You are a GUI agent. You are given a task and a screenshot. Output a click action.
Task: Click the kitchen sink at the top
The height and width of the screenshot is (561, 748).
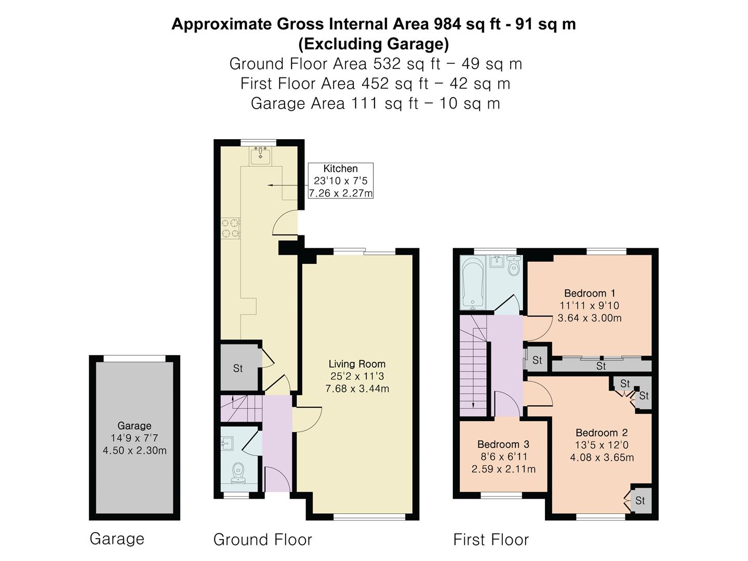coord(260,156)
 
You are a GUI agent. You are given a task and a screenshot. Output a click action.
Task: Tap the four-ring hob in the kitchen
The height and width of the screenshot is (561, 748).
coord(230,228)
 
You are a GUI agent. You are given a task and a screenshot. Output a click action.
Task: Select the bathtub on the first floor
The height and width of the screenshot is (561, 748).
coord(472,283)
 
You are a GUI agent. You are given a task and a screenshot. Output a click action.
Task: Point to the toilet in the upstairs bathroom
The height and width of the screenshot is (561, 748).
coord(513,265)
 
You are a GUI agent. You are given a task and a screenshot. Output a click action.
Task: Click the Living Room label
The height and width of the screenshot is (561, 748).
coord(357,364)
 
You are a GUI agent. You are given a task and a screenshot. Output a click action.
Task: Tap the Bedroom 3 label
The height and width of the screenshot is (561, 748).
coord(503,444)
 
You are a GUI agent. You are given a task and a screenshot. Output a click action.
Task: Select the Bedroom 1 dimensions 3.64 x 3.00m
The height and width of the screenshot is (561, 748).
coord(589,318)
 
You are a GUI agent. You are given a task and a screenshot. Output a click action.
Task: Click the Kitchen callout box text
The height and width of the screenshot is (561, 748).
coord(340,181)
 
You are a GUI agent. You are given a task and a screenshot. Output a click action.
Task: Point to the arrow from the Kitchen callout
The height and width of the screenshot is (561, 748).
coord(288,185)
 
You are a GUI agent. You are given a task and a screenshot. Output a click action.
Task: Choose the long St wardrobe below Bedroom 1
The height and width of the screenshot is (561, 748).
coord(601,366)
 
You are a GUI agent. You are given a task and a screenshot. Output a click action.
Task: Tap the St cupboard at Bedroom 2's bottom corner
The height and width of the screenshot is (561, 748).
coord(640,500)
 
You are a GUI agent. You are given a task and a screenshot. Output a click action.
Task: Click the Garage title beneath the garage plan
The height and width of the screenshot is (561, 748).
coord(117,539)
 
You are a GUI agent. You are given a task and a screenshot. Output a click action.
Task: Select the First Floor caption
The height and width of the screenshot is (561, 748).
coord(491,540)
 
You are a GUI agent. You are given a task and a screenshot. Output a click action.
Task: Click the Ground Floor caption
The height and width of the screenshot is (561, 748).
coord(262,540)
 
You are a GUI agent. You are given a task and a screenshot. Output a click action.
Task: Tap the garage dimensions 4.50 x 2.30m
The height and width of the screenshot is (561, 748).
coord(135,450)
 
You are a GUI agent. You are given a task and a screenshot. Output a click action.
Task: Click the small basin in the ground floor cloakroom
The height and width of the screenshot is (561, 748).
coord(226,444)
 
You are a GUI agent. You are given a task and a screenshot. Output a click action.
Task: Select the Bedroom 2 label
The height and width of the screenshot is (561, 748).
coord(602,433)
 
